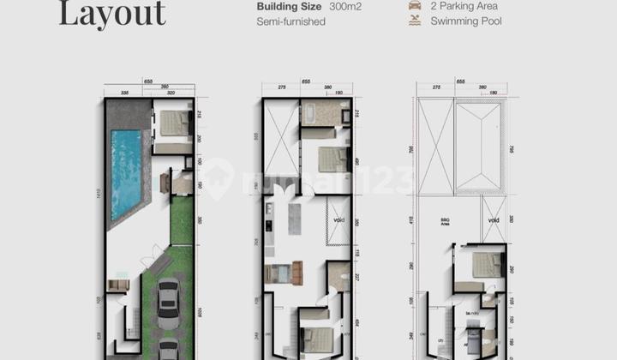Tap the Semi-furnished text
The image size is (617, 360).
pos(291,21)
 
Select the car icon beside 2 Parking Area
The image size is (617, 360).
pos(415,5)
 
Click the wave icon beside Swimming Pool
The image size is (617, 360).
pos(415,21)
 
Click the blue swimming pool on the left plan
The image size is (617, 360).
pos(125,172)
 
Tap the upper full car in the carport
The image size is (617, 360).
pos(168,300)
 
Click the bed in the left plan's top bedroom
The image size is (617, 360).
pos(175,123)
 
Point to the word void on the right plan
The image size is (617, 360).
pos(494,219)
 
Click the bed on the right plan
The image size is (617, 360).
pos(487,265)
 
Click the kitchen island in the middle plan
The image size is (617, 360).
pos(294,219)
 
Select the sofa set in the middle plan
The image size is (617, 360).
pos(285,273)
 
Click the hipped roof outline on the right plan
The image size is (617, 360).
pos(479,147)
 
